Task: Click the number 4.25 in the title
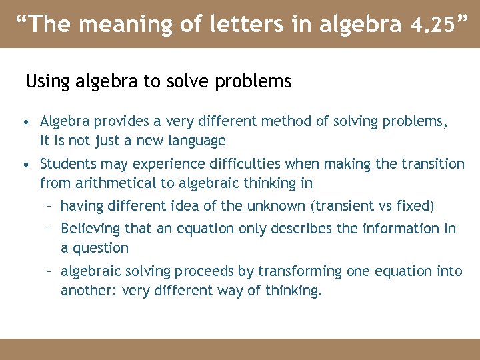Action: pyautogui.click(x=431, y=25)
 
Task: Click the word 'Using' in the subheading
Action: pyautogui.click(x=46, y=82)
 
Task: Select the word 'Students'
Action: pyautogui.click(x=67, y=164)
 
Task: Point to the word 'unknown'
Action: pyautogui.click(x=275, y=206)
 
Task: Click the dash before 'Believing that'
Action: pyautogui.click(x=49, y=229)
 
